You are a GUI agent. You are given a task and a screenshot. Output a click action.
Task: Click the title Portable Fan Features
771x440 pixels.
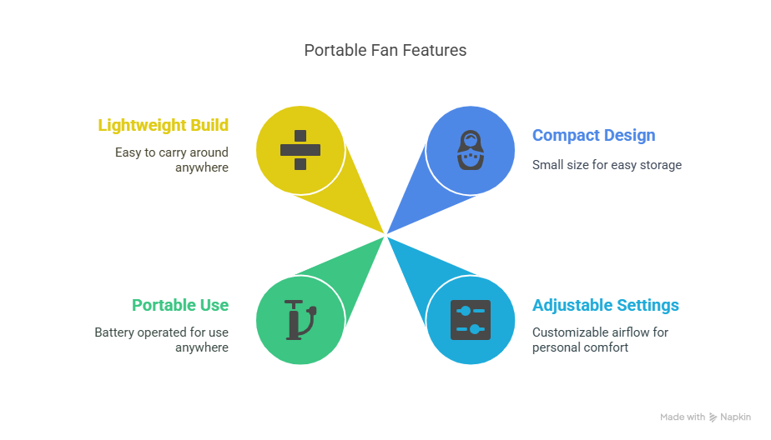(x=385, y=50)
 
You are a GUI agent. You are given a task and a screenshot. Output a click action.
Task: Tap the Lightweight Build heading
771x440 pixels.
(x=164, y=125)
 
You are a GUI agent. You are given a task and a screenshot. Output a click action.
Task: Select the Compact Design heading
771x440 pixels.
(x=593, y=135)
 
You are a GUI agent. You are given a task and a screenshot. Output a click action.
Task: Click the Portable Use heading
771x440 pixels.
(x=180, y=305)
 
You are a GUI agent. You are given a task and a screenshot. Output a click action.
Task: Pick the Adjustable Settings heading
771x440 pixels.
(x=605, y=305)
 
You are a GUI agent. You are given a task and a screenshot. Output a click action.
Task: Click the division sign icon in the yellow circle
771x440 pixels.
(x=300, y=150)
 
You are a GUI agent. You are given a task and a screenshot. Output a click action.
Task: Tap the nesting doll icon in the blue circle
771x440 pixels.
(x=471, y=150)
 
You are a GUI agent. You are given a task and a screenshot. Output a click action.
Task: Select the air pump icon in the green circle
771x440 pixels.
(x=300, y=320)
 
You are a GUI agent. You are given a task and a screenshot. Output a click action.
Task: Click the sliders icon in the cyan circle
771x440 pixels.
(x=471, y=320)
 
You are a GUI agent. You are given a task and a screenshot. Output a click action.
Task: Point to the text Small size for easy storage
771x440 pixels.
(x=607, y=165)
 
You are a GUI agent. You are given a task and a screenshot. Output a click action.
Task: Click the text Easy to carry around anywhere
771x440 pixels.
(x=172, y=160)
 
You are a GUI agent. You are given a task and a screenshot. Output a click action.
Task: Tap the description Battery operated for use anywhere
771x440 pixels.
(x=161, y=339)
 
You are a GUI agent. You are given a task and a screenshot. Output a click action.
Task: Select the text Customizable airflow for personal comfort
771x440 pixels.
(x=601, y=339)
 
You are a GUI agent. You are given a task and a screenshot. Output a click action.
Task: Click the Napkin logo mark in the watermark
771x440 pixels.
(x=713, y=417)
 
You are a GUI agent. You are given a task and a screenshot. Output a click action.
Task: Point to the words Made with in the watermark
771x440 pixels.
(x=683, y=417)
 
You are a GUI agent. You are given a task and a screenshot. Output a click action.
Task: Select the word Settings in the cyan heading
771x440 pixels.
(x=648, y=306)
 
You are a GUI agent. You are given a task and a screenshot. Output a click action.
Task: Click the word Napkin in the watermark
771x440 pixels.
(x=736, y=417)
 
